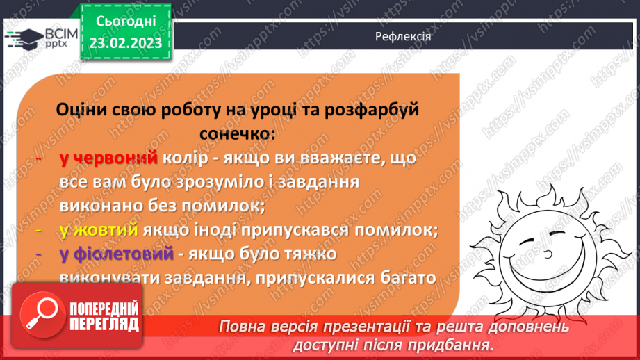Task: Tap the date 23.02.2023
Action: point(125,43)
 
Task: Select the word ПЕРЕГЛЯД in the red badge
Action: point(104,325)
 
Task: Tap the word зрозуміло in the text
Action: point(242,183)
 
